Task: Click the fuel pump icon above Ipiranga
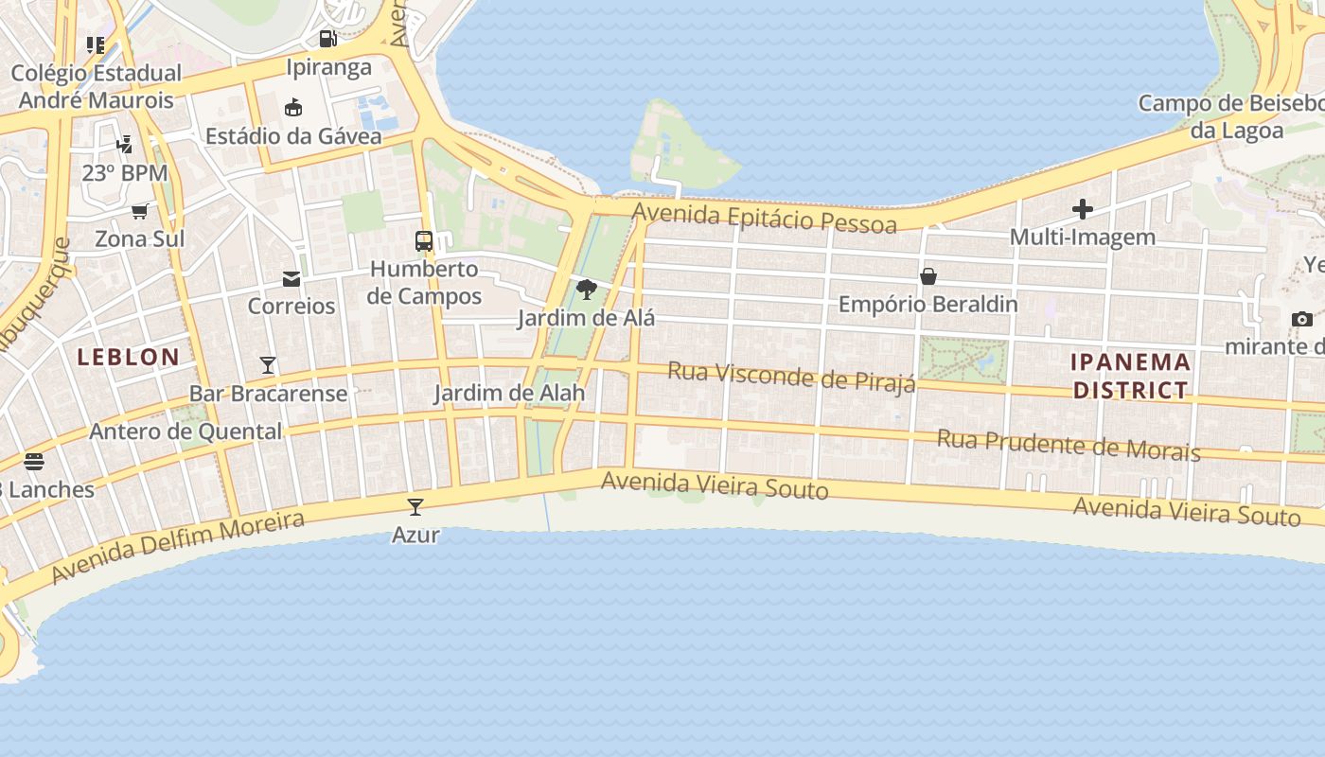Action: tap(327, 39)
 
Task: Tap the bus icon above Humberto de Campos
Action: tap(424, 241)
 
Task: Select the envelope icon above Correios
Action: tap(291, 279)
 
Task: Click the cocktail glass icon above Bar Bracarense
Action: tap(268, 365)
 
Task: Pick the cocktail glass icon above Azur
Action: tap(415, 507)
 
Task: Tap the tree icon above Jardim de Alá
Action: tap(587, 290)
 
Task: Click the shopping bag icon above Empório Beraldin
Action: tap(928, 276)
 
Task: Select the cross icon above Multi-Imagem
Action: tap(1083, 209)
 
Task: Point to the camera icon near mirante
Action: tap(1302, 319)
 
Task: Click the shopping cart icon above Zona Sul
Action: tap(140, 211)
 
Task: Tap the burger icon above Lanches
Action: tap(34, 462)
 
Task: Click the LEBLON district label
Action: tap(128, 357)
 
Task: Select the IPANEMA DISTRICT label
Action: tap(1131, 376)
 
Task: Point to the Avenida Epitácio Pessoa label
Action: tap(764, 218)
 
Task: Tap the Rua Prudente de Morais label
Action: tap(1069, 444)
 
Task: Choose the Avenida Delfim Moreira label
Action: tap(178, 547)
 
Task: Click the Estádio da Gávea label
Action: tap(293, 135)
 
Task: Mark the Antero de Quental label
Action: tap(185, 431)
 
